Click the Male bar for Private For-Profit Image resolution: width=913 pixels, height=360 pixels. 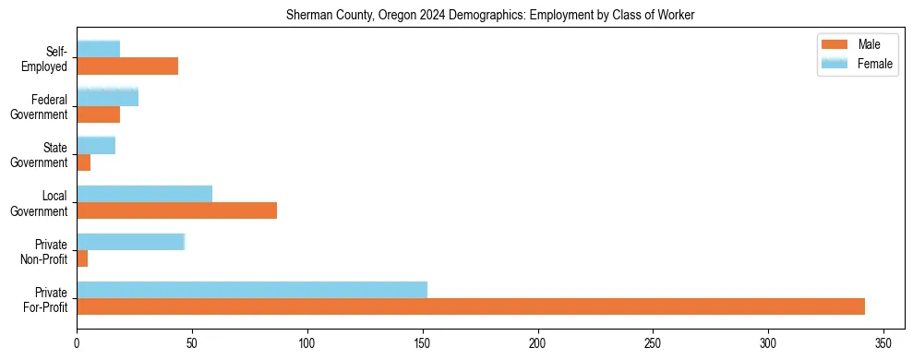coord(471,306)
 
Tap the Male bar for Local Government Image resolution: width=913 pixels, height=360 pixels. coord(176,210)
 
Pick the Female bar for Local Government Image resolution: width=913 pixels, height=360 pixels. coord(144,194)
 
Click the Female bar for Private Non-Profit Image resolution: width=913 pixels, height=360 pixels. coord(130,242)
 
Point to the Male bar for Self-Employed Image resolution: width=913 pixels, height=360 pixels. coord(127,66)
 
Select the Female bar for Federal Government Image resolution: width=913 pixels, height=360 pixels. coord(107,98)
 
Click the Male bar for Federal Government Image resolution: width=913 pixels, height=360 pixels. coord(98,114)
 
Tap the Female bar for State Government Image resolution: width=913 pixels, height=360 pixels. coord(96,146)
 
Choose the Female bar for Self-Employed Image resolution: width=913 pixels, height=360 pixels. coord(98,50)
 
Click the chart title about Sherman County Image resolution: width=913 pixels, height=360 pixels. coord(491,16)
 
